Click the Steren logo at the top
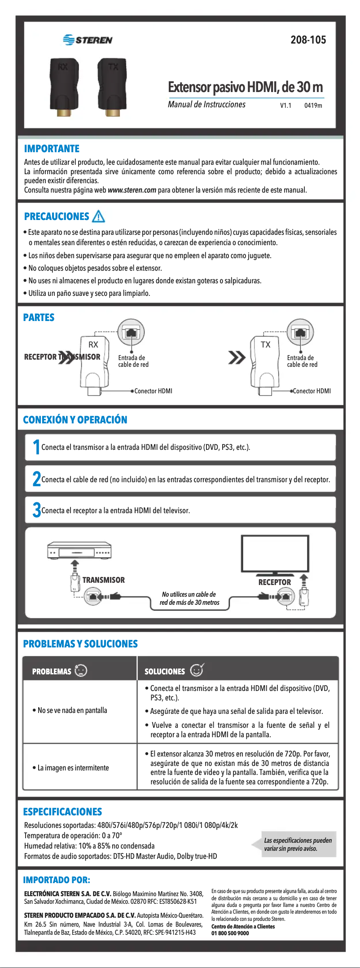88,40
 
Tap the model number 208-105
308,40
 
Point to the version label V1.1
285,106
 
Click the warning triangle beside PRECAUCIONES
98,217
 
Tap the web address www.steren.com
132,190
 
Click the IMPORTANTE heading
52,149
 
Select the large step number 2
36,479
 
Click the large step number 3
36,510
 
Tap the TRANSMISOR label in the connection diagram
104,580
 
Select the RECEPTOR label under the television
274,582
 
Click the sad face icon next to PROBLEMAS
81,671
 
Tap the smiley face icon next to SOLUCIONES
197,670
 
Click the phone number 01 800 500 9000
230,933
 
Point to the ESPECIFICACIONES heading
62,812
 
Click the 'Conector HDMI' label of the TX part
312,391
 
